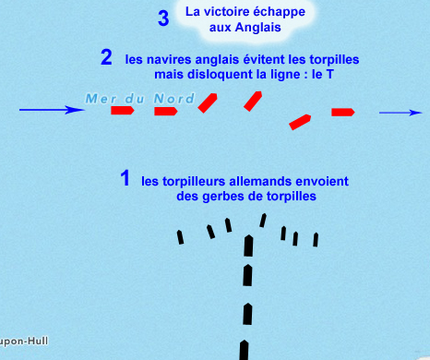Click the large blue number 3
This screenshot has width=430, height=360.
coord(163,18)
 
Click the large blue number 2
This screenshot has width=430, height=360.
coord(106,57)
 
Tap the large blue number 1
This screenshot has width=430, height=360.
coord(125,178)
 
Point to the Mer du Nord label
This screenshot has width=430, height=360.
coord(140,99)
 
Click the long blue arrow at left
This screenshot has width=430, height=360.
coord(52,110)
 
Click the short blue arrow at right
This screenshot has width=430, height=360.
coord(400,113)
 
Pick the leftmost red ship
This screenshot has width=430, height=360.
coord(123,110)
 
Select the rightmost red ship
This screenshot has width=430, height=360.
coord(343,113)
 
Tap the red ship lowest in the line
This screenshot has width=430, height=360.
coord(300,122)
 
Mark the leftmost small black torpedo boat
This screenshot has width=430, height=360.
coord(180,237)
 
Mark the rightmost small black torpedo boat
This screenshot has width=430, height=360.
coord(316,240)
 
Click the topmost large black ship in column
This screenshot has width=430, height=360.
coord(248,246)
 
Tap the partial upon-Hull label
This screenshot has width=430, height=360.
coord(24,342)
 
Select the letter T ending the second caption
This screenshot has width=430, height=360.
coord(329,75)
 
